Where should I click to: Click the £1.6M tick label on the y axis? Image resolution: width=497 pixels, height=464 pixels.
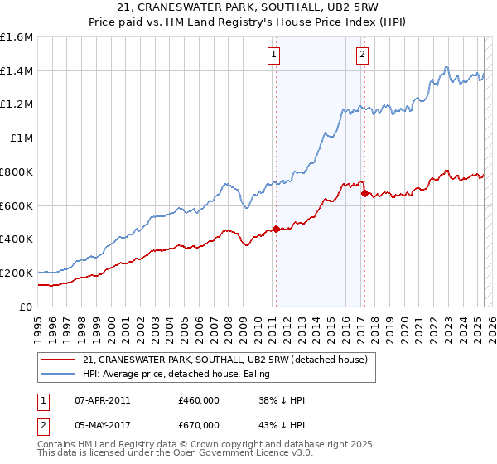tap(17, 37)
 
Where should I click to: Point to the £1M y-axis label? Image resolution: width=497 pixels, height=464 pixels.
tap(21, 138)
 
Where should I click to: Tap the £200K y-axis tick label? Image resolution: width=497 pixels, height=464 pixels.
tap(17, 273)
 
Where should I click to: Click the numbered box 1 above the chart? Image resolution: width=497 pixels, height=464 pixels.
tap(274, 56)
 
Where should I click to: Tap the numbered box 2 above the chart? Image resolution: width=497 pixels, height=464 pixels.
tap(363, 56)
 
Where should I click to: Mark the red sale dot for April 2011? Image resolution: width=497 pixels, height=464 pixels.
tap(276, 229)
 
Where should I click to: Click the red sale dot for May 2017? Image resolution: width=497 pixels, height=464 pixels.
tap(364, 193)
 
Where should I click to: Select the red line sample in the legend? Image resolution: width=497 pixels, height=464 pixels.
tap(60, 360)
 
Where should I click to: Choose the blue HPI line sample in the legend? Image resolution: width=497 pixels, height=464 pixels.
tap(60, 374)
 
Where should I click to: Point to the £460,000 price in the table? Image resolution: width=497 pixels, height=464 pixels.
tap(199, 401)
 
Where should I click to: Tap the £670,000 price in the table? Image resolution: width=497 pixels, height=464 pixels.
tap(199, 425)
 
